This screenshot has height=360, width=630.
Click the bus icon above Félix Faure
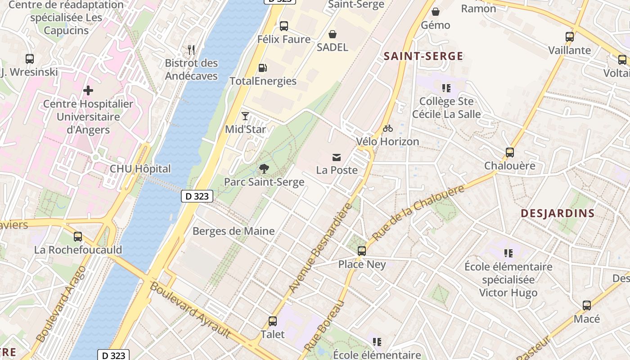284,26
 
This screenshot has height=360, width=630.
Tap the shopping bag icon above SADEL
333,34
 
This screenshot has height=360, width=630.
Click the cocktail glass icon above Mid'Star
245,116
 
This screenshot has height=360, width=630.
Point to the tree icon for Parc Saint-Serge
264,169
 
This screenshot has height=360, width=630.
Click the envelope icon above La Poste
337,157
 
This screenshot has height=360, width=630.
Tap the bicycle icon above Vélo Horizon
387,128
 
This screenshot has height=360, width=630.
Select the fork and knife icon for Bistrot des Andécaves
191,50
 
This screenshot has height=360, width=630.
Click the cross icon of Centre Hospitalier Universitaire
88,90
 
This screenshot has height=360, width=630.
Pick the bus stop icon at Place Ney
362,251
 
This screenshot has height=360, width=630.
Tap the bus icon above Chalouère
510,153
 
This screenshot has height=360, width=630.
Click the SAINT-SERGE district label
423,56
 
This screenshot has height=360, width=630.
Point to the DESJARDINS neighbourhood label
558,213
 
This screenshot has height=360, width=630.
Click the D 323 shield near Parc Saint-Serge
197,196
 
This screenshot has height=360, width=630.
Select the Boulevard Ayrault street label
190,310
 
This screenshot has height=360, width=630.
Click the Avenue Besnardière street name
320,247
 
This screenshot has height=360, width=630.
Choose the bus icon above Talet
273,321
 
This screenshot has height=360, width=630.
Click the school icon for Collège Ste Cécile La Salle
446,88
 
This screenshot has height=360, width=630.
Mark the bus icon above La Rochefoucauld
78,236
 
